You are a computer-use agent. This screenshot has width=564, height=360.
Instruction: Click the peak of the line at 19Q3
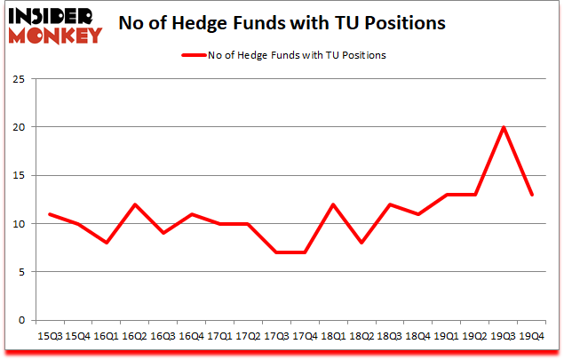(x=504, y=127)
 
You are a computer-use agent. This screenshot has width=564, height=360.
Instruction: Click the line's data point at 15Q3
(x=50, y=214)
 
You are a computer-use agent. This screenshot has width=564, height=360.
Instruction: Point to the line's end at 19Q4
(x=531, y=195)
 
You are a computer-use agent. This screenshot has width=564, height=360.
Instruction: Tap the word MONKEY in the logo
(x=58, y=36)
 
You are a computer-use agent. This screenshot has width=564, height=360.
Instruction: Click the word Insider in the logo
(x=58, y=16)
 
